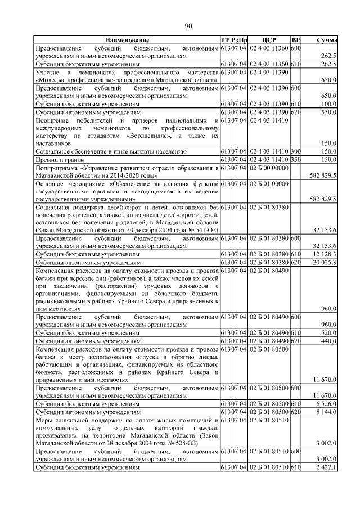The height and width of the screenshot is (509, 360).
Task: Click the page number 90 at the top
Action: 188,25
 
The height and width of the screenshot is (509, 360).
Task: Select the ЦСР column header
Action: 268,41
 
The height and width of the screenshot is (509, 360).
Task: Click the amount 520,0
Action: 328,333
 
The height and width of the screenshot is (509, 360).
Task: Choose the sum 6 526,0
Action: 326,404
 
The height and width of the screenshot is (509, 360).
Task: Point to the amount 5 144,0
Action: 326,412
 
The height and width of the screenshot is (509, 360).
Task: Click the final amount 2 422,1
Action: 326,467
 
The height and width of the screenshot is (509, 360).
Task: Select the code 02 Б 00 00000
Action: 268,168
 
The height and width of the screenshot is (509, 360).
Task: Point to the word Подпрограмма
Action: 57,168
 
